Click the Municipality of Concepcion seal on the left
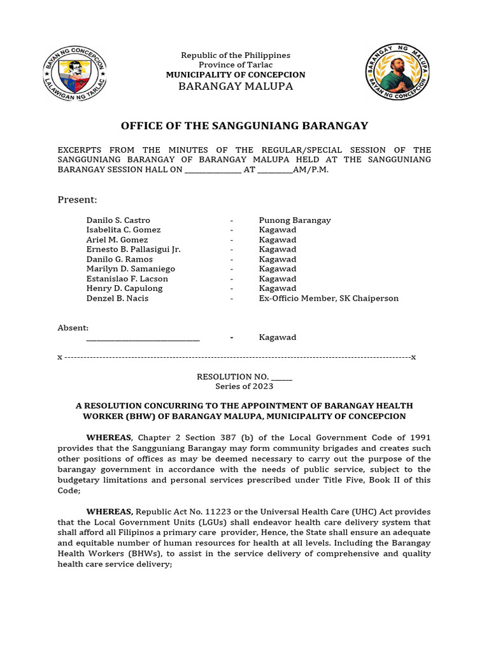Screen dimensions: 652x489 click(75, 73)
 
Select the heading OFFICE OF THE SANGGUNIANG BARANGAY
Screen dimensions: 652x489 click(244, 126)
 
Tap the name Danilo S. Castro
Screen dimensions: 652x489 click(118, 220)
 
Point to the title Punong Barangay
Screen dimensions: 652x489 click(295, 220)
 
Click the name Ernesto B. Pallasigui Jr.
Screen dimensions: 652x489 click(134, 250)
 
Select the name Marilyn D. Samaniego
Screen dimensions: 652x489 click(131, 269)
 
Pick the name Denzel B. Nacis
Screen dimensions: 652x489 click(117, 298)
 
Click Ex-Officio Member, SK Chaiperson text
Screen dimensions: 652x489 click(329, 298)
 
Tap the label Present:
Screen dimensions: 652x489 click(77, 200)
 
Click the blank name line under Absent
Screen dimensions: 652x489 click(143, 338)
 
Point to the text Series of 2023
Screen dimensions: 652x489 click(244, 386)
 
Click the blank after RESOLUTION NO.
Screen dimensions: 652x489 click(281, 378)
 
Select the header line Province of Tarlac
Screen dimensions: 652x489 click(236, 65)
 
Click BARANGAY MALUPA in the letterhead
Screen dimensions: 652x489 click(236, 86)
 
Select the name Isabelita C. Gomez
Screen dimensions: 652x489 click(124, 230)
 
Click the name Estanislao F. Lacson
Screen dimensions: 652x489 click(127, 279)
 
